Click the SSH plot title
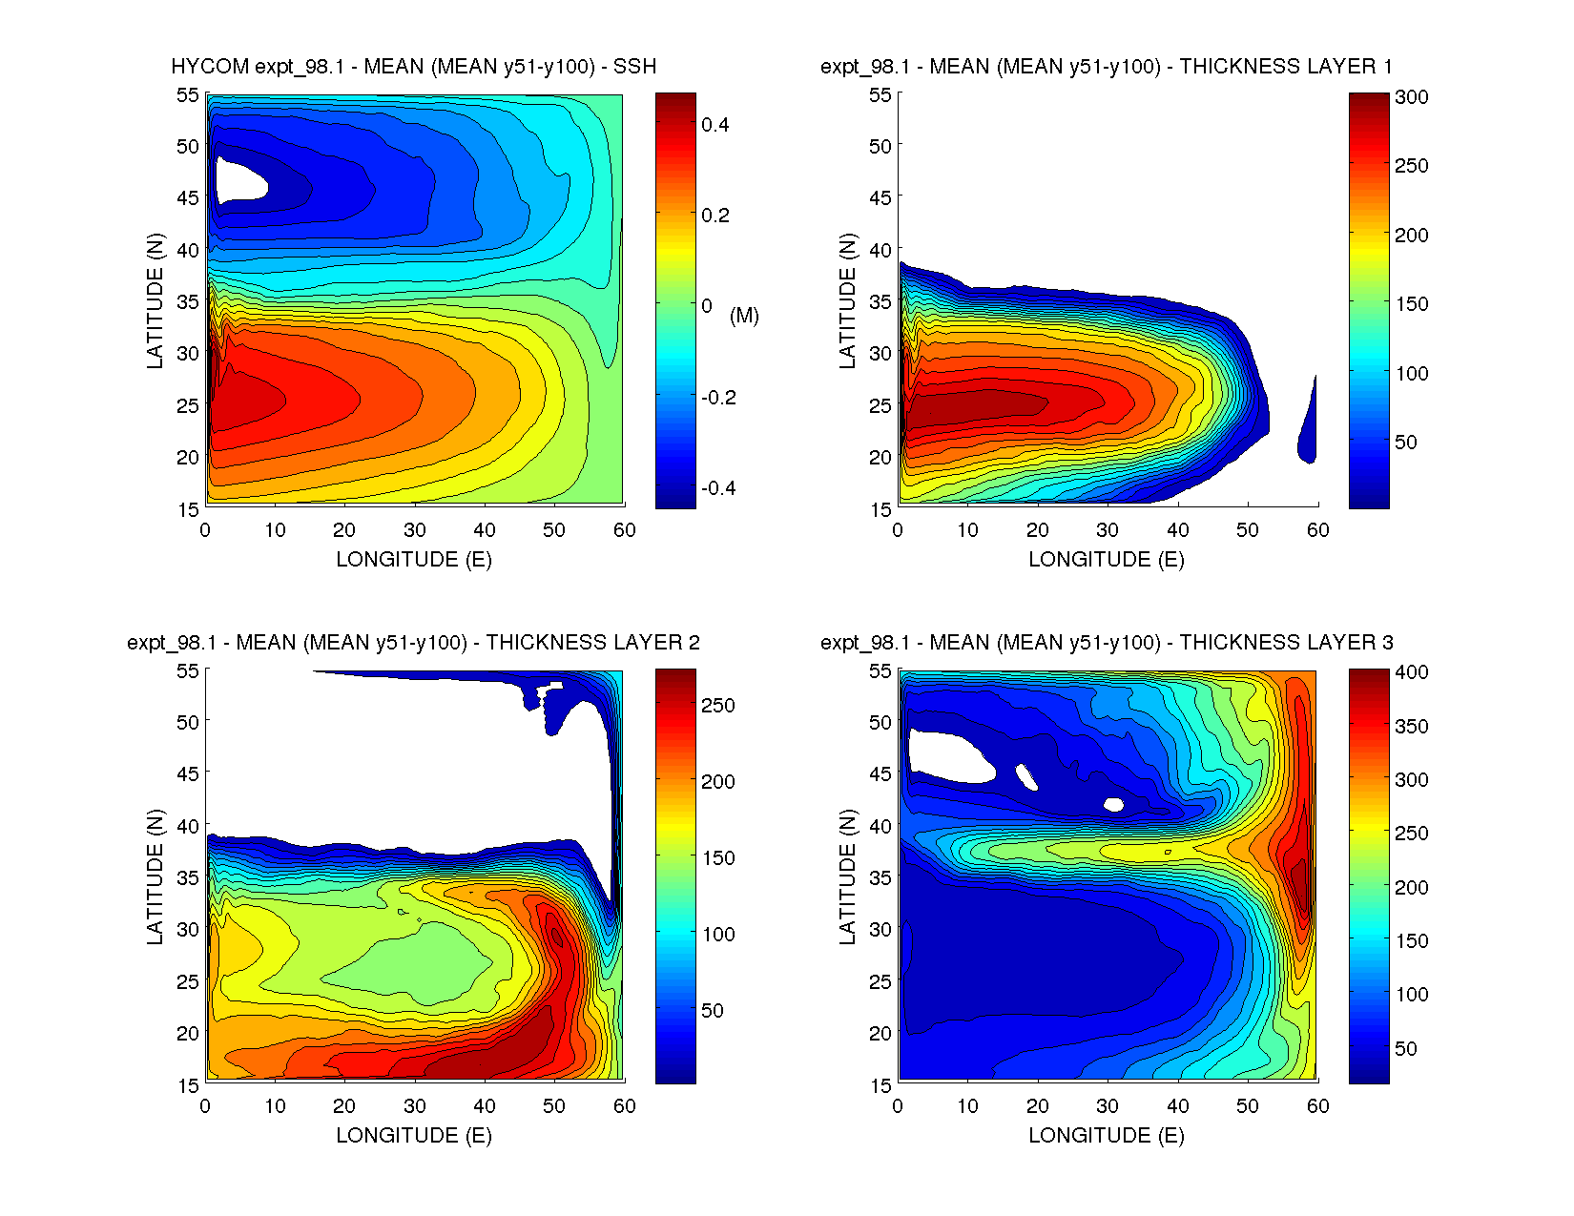(x=413, y=67)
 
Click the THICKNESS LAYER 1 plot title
(x=1106, y=67)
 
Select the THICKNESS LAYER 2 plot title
(x=413, y=643)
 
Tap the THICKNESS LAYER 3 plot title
(x=1106, y=643)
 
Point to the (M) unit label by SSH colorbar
(x=744, y=316)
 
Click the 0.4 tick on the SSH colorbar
(x=715, y=125)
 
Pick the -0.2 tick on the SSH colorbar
(x=718, y=398)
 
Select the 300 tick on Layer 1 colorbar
(x=1411, y=97)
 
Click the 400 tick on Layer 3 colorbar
(x=1411, y=672)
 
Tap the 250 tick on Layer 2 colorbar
(x=717, y=706)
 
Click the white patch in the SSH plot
(x=238, y=179)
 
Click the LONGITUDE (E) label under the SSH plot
(x=413, y=560)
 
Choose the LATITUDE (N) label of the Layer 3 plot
(x=847, y=876)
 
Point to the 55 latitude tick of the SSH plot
(x=188, y=95)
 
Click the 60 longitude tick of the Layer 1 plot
(x=1317, y=530)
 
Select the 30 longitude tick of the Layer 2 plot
(x=414, y=1106)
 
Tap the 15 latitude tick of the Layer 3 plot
(x=880, y=1085)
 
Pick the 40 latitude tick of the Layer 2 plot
(x=188, y=826)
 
